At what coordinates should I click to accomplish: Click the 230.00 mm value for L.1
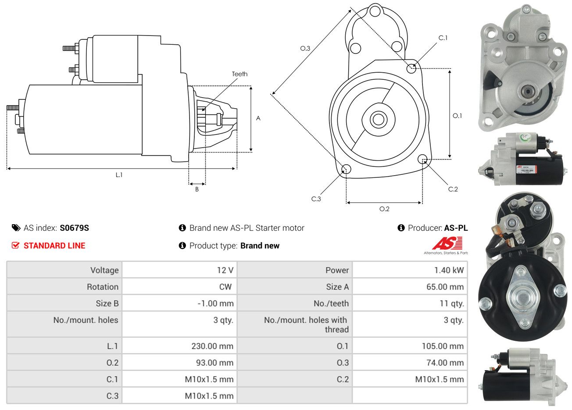point(212,346)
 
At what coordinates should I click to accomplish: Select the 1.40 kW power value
point(449,270)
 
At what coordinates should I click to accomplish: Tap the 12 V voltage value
point(225,270)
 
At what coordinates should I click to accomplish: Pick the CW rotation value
point(225,287)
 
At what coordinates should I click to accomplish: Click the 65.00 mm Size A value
point(445,287)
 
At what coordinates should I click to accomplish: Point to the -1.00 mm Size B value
point(215,304)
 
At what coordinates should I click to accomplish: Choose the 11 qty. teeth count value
point(451,304)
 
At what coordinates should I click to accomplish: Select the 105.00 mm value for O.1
point(443,346)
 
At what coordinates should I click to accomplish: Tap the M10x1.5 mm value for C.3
point(209,396)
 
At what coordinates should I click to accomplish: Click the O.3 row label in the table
point(343,363)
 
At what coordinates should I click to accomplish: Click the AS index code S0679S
point(74,228)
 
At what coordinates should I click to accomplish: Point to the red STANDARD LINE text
point(54,246)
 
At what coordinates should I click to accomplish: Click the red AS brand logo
point(447,244)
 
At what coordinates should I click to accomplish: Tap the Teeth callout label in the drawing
point(240,74)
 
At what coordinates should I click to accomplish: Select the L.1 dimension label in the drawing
point(119,175)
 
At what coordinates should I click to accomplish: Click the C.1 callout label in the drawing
point(443,38)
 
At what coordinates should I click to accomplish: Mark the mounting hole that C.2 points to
point(422,159)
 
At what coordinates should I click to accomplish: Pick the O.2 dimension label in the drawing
point(384,209)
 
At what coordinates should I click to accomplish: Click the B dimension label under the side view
point(197,190)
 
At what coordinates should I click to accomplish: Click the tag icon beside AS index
point(16,228)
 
